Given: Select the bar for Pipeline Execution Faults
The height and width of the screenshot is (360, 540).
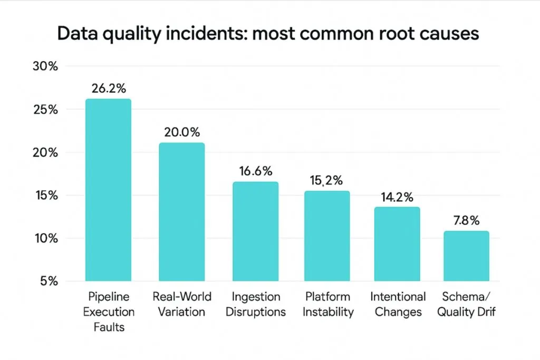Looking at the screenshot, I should click(108, 190).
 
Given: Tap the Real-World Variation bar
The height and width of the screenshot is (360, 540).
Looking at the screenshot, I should click(181, 211).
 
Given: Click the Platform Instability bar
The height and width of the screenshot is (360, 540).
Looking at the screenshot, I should click(327, 236).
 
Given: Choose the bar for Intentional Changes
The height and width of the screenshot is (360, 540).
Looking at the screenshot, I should click(397, 244).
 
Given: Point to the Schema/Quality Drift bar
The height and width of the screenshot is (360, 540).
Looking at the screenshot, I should click(466, 256).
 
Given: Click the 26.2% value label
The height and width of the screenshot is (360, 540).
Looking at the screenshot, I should click(108, 89).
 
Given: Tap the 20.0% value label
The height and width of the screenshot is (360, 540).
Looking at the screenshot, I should click(182, 132).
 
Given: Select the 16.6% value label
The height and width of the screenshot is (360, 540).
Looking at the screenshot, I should click(255, 171).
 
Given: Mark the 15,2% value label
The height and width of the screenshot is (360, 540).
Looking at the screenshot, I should click(327, 180).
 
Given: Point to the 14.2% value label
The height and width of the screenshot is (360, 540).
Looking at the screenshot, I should click(397, 197).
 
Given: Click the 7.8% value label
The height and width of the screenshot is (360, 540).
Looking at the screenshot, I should click(466, 221).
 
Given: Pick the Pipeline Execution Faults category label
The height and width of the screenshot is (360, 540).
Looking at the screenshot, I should click(109, 312).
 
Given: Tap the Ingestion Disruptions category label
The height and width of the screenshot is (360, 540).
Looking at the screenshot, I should click(255, 305).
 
